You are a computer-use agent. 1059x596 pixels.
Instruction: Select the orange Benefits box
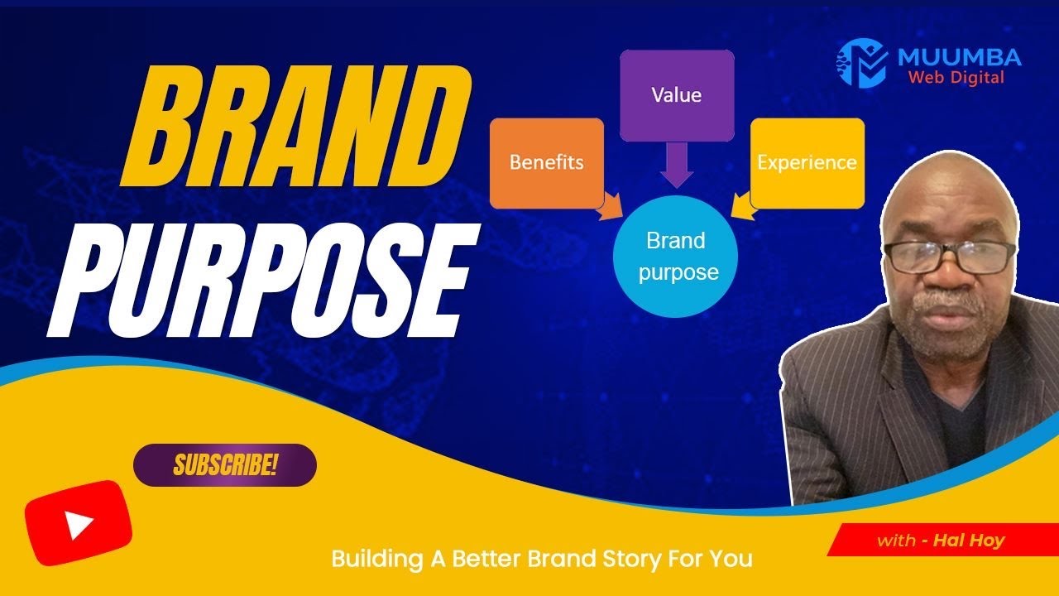546,162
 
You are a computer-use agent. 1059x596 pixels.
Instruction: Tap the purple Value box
676,94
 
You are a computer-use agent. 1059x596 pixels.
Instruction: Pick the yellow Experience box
807,162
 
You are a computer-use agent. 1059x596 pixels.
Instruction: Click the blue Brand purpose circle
676,257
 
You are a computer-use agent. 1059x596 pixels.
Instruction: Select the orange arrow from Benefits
613,207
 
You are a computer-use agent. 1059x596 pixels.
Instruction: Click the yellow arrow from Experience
740,207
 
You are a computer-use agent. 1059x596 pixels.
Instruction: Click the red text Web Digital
956,78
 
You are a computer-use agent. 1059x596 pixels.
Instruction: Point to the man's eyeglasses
949,256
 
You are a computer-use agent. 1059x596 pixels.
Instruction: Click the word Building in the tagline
377,560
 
